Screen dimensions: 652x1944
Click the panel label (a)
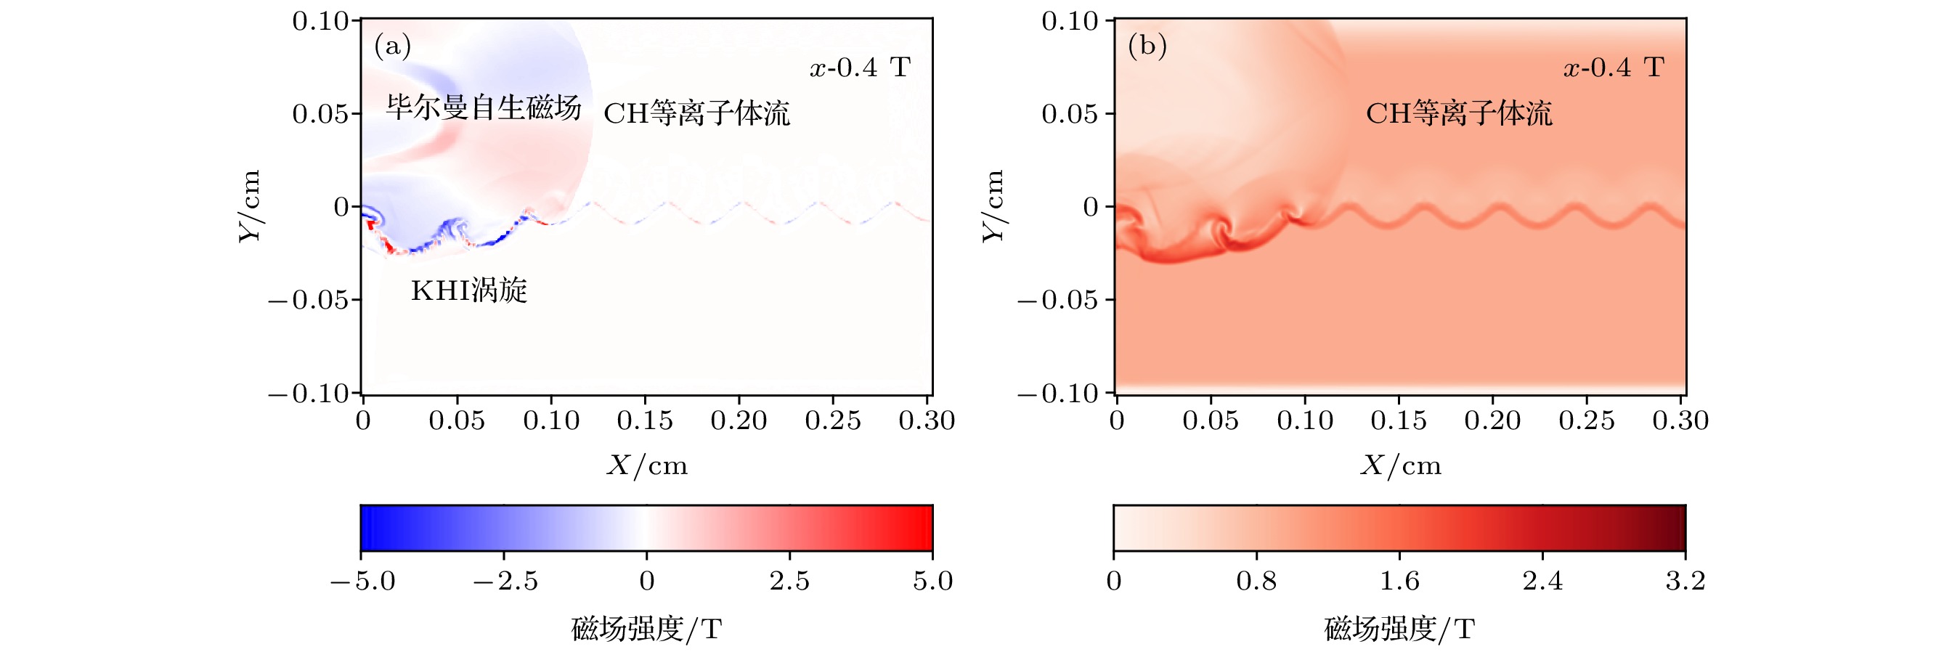point(392,46)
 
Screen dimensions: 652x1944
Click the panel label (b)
point(1147,46)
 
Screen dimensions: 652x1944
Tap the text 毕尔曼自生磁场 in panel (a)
point(484,107)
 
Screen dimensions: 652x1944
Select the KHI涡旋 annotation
point(468,290)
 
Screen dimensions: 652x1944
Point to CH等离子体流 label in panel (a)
point(696,114)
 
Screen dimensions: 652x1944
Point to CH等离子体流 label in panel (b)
point(1459,114)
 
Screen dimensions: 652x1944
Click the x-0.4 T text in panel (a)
point(861,68)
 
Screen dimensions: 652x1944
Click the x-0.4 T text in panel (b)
point(1614,68)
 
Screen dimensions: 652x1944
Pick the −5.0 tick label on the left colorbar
point(362,581)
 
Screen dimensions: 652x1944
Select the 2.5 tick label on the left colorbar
point(789,581)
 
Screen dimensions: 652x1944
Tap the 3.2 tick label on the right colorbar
point(1685,581)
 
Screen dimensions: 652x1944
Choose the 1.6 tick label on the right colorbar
point(1399,581)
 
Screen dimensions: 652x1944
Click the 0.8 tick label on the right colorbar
point(1256,581)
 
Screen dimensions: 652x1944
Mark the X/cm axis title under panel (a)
point(647,465)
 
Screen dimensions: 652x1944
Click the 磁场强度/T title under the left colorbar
point(647,629)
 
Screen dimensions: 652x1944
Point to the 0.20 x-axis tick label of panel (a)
point(739,420)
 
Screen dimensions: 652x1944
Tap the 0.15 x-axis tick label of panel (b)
point(1399,420)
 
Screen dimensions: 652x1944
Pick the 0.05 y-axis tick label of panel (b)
point(1070,114)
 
